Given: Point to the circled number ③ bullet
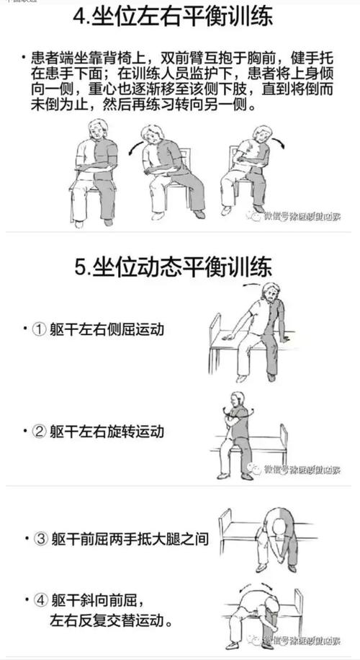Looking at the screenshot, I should click(x=40, y=538).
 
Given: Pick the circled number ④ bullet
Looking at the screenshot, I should click(x=40, y=599).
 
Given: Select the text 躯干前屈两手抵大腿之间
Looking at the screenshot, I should click(x=130, y=538).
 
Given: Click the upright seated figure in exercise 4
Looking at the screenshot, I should click(x=97, y=173).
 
